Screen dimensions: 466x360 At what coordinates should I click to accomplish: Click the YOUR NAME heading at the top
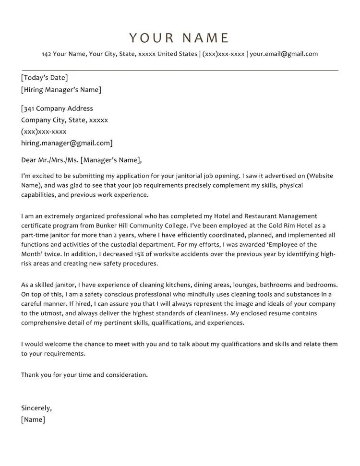click(x=180, y=38)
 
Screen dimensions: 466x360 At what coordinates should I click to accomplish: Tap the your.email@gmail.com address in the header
click(x=284, y=54)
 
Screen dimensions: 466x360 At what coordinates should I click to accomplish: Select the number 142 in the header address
click(x=46, y=54)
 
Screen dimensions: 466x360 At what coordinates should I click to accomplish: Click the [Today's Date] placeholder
click(x=44, y=78)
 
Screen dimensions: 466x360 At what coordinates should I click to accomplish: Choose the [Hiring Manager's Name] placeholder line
click(x=61, y=90)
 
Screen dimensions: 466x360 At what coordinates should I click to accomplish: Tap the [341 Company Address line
click(x=57, y=108)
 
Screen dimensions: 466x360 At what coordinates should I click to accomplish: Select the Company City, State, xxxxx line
click(x=64, y=120)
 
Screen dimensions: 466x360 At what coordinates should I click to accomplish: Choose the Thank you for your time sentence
click(x=84, y=375)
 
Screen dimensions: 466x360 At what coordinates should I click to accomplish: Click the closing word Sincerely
click(x=36, y=408)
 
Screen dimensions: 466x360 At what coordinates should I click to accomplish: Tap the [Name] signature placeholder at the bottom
click(x=33, y=420)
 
